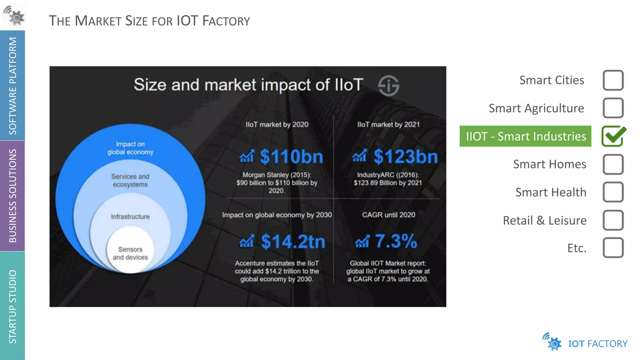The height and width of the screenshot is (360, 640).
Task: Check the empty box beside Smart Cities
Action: pyautogui.click(x=613, y=80)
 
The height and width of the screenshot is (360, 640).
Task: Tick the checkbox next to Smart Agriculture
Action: pyautogui.click(x=613, y=108)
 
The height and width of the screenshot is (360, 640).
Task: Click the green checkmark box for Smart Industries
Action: pyautogui.click(x=613, y=136)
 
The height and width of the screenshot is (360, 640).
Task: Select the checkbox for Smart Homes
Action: pyautogui.click(x=613, y=164)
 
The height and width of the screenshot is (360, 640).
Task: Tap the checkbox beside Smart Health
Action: pyautogui.click(x=613, y=192)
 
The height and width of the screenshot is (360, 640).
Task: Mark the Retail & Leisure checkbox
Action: pyautogui.click(x=613, y=220)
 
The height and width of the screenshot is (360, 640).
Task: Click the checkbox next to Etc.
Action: pyautogui.click(x=613, y=248)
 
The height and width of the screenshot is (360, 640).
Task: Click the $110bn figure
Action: pyautogui.click(x=291, y=157)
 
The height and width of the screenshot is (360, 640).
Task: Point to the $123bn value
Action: pyautogui.click(x=406, y=157)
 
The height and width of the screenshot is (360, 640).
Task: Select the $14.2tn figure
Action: pyautogui.click(x=293, y=242)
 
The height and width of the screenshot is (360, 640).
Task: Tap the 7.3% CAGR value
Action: pyautogui.click(x=396, y=241)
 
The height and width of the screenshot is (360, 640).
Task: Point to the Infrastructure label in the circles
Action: pyautogui.click(x=130, y=217)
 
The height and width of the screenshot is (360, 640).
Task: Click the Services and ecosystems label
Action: pyautogui.click(x=130, y=181)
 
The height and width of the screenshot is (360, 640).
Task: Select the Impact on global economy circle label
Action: pyautogui.click(x=130, y=148)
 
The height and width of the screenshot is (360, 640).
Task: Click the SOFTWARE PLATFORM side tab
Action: pyautogui.click(x=12, y=86)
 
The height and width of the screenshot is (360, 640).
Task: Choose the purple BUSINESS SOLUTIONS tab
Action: pyautogui.click(x=12, y=196)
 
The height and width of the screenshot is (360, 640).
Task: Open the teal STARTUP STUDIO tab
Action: pyautogui.click(x=12, y=306)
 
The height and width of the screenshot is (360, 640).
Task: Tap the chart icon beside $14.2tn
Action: pyautogui.click(x=247, y=242)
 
